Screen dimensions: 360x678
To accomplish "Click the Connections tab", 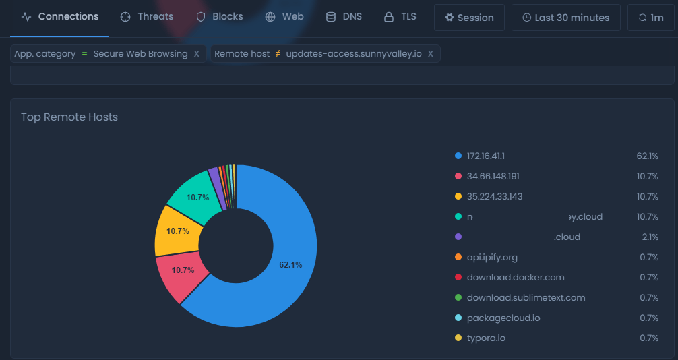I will point(60,17).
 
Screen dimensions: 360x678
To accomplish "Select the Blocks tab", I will point(220,17).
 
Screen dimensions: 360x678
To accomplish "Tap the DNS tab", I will point(344,17).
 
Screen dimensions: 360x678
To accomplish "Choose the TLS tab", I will point(400,17).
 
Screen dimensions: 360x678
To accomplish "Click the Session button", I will point(469,18).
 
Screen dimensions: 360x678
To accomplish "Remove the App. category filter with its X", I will point(197,54).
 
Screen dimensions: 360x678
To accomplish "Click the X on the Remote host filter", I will point(431,54).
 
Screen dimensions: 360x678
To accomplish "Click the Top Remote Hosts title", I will point(69,117).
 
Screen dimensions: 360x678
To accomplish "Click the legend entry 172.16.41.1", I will point(485,156).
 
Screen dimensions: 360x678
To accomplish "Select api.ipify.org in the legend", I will point(492,258).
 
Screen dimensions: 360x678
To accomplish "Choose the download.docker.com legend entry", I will point(516,278).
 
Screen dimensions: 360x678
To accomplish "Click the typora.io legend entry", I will point(486,338).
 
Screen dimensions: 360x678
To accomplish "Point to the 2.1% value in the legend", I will point(650,237).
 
